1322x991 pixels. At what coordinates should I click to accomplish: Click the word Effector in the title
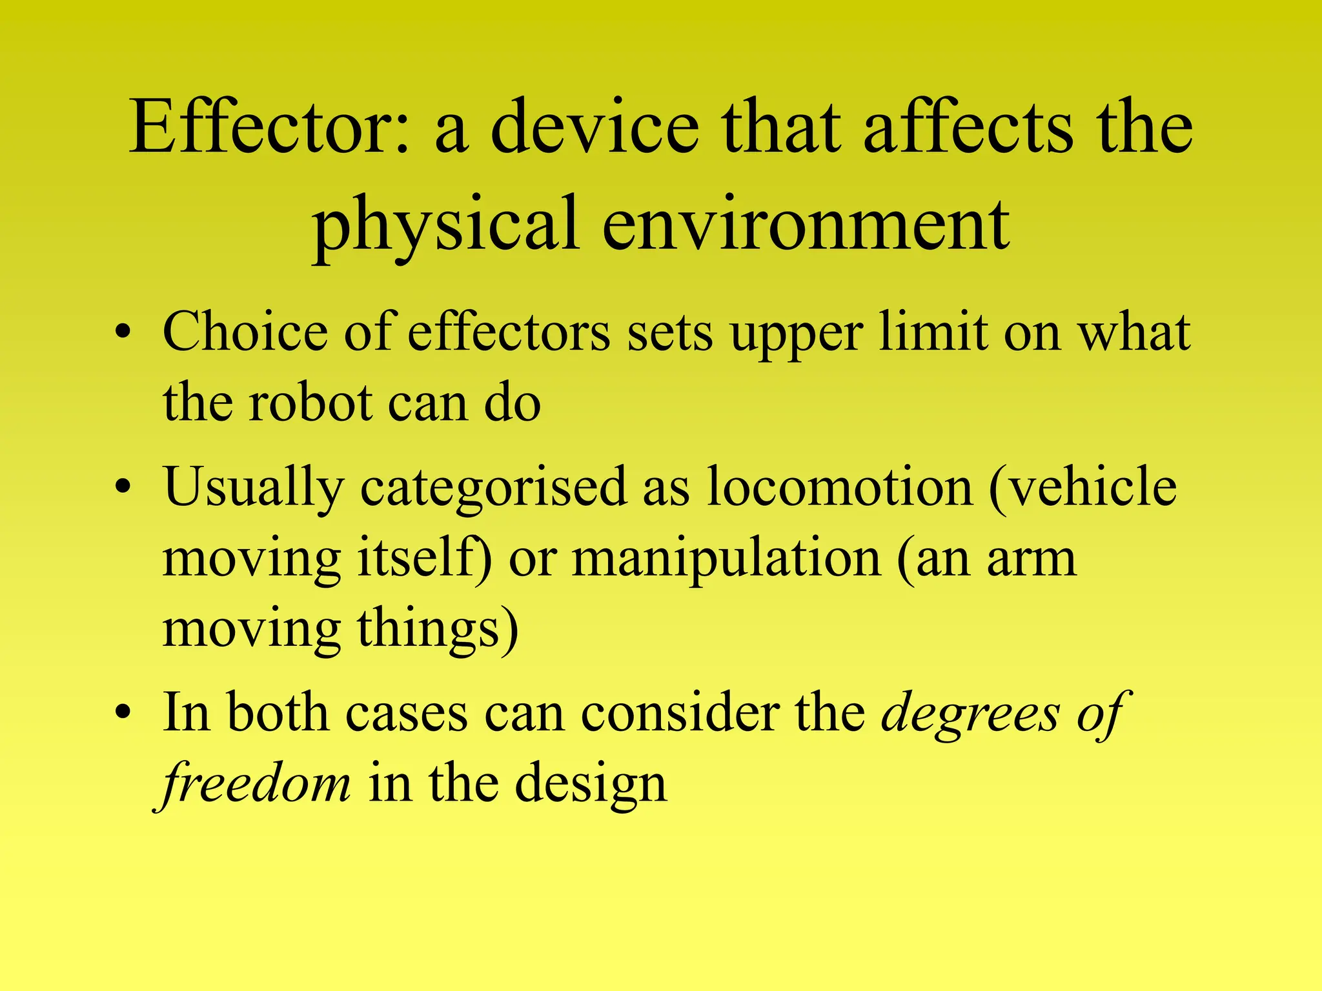(269, 127)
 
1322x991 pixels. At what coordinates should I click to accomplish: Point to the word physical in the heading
(445, 226)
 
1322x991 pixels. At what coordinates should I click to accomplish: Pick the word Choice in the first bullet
(245, 333)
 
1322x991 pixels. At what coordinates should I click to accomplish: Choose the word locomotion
(840, 487)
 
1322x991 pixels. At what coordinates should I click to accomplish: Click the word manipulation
(727, 559)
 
